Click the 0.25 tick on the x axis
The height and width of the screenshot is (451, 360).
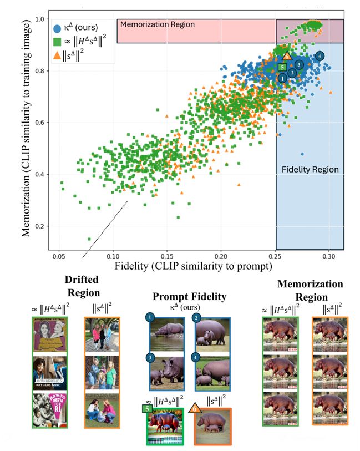coord(276,258)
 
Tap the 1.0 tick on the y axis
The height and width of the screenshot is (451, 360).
coord(39,19)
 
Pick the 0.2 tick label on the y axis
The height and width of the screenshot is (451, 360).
coord(39,226)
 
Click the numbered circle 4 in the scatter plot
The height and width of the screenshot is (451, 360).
coord(320,56)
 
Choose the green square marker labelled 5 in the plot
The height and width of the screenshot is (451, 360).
coord(282,67)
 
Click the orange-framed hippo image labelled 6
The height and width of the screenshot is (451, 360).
coord(213,425)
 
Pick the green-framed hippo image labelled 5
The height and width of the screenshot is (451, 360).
coord(166,426)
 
